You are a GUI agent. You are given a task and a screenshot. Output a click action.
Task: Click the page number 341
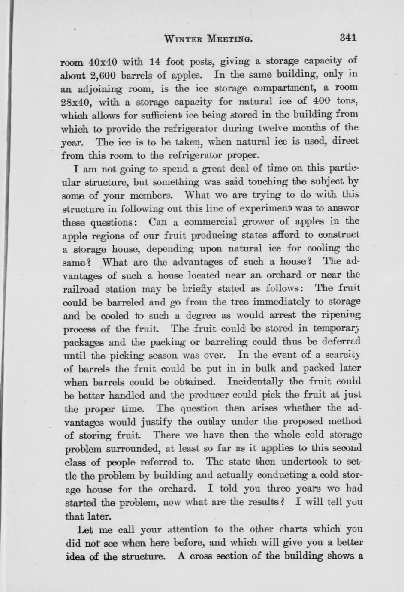(x=348, y=38)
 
